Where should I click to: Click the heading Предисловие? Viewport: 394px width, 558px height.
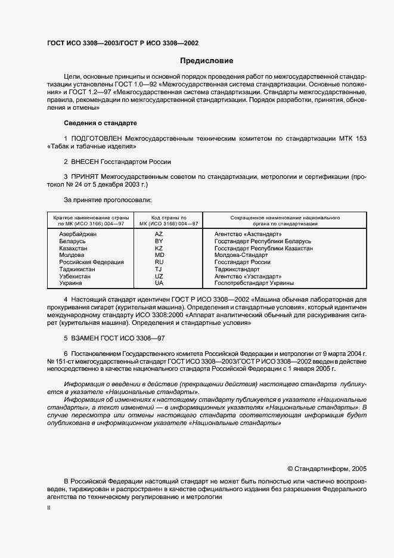click(x=207, y=61)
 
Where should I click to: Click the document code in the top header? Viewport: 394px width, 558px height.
click(x=123, y=44)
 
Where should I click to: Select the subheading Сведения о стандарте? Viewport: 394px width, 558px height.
click(x=100, y=123)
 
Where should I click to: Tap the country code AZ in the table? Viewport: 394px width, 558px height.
click(x=159, y=234)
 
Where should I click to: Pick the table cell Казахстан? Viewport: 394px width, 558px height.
click(x=73, y=248)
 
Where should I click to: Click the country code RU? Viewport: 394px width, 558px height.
click(x=159, y=262)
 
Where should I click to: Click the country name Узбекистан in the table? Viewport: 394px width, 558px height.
click(x=75, y=277)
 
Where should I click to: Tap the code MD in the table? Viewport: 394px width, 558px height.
click(x=159, y=255)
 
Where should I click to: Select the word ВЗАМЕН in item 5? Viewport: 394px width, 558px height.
click(x=87, y=337)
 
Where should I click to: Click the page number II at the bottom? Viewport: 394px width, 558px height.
click(x=49, y=508)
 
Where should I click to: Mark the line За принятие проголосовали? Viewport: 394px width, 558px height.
click(x=107, y=200)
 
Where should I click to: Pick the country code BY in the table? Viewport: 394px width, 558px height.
click(x=159, y=241)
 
